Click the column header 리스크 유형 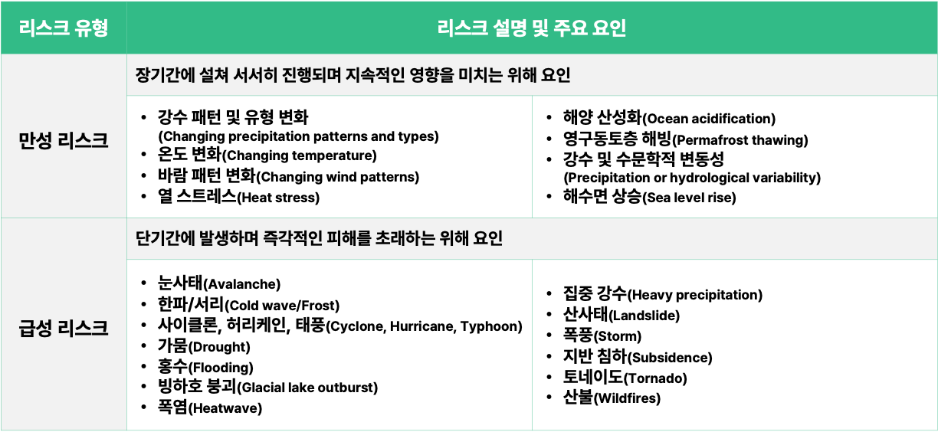(x=64, y=28)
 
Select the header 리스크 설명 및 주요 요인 (x=531, y=28)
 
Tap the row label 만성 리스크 (x=64, y=140)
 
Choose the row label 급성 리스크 (x=64, y=328)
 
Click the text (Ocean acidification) (x=709, y=119)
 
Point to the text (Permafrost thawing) (x=740, y=140)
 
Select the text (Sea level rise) (x=689, y=198)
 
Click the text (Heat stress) (x=278, y=198)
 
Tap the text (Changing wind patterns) (x=337, y=177)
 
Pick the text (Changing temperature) (x=299, y=155)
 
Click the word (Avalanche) (x=241, y=284)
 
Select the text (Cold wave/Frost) (x=282, y=306)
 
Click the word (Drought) (x=219, y=347)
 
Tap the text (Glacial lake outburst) (x=307, y=388)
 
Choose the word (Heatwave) (x=225, y=408)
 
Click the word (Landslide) (x=644, y=316)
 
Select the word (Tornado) (x=655, y=378)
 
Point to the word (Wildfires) (x=627, y=398)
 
